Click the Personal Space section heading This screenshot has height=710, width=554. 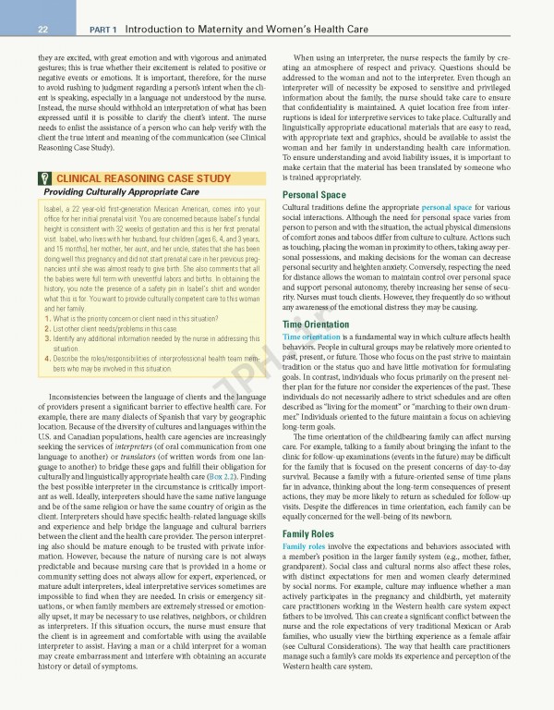click(x=314, y=195)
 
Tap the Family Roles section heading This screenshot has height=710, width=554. click(x=310, y=534)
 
